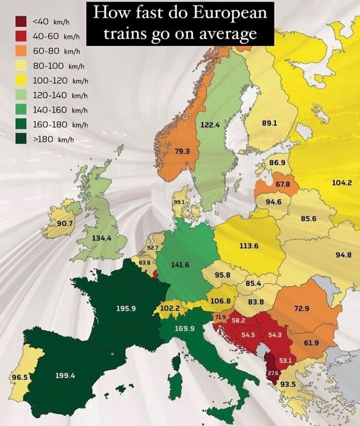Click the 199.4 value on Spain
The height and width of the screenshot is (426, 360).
(65, 376)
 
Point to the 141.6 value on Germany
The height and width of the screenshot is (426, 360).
(181, 264)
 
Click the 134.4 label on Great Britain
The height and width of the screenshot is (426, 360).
(101, 238)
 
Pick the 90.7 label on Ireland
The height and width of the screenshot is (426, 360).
(65, 223)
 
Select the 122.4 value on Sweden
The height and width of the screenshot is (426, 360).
(210, 124)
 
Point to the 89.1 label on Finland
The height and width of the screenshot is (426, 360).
(269, 123)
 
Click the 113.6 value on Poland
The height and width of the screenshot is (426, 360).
(249, 246)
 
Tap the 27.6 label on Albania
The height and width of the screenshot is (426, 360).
(273, 373)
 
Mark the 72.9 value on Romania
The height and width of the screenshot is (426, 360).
(301, 308)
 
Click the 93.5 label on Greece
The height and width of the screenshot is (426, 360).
(287, 384)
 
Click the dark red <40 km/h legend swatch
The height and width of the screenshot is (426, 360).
(21, 22)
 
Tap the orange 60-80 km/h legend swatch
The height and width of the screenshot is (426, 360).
(21, 51)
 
